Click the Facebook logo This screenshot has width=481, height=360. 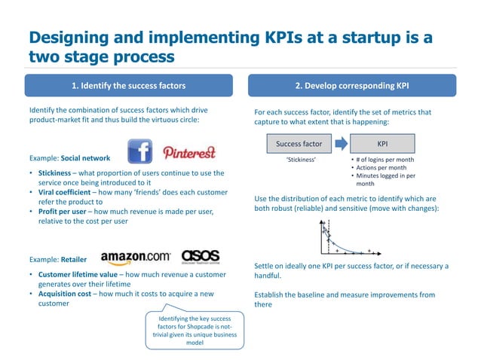pyautogui.click(x=140, y=150)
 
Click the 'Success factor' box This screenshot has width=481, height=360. pyautogui.click(x=299, y=143)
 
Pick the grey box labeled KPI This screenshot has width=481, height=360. pyautogui.click(x=382, y=143)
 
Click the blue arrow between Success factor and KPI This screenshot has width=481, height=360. pyautogui.click(x=340, y=143)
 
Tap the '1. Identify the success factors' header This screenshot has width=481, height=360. pyautogui.click(x=127, y=85)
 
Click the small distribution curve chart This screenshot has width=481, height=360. pyautogui.click(x=348, y=238)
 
